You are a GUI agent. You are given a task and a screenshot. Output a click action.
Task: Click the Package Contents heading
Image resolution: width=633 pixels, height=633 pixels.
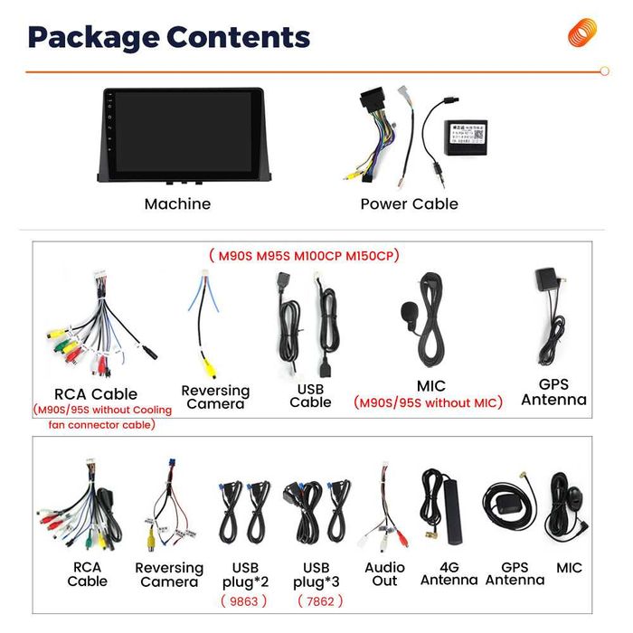[x=168, y=37]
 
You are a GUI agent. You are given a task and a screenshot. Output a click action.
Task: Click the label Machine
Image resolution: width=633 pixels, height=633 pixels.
[x=177, y=204]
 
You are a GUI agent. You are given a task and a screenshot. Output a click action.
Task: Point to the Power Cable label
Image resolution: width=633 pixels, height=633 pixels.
[x=409, y=204]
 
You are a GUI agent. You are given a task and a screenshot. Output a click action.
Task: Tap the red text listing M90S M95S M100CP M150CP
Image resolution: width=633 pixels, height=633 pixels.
[x=304, y=256]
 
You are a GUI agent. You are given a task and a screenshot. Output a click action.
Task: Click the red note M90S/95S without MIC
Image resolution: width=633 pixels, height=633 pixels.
[x=427, y=403]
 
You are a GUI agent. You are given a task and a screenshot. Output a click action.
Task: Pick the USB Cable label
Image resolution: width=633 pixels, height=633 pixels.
[x=310, y=395]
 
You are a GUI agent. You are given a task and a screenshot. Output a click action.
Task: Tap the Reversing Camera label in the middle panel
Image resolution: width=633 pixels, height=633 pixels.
[x=215, y=397]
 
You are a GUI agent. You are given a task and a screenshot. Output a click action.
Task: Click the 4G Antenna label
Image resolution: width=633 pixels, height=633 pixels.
[x=449, y=574]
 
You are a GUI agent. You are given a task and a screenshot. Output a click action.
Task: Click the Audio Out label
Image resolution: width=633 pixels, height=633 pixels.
[x=384, y=574]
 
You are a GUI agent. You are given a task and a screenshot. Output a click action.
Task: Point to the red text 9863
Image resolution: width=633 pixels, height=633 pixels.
[x=244, y=600]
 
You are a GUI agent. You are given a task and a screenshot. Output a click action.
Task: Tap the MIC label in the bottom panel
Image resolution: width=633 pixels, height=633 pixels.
[x=570, y=568]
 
